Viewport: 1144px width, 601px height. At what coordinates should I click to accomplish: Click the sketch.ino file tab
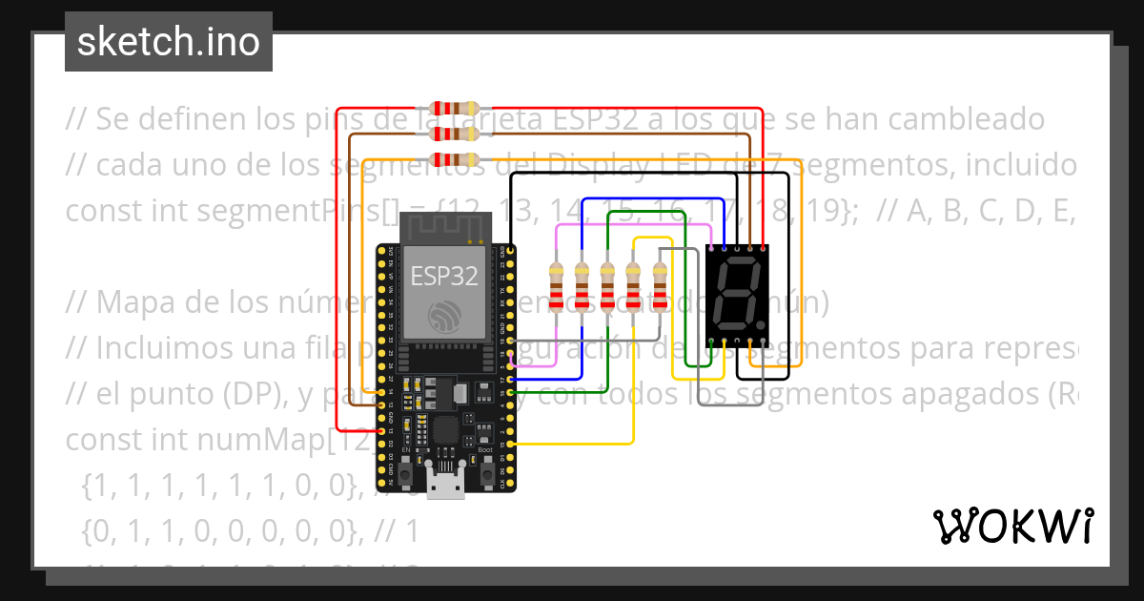pyautogui.click(x=169, y=42)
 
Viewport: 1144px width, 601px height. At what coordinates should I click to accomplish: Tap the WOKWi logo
pyautogui.click(x=1012, y=526)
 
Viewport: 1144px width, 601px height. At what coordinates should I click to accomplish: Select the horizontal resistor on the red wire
pyautogui.click(x=456, y=109)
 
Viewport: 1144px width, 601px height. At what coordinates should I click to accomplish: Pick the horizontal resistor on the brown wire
pyautogui.click(x=456, y=135)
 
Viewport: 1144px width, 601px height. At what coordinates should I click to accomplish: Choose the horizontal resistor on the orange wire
pyautogui.click(x=456, y=159)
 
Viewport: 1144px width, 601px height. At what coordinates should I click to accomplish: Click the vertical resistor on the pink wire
pyautogui.click(x=558, y=283)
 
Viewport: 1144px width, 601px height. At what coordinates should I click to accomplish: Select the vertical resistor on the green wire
pyautogui.click(x=608, y=283)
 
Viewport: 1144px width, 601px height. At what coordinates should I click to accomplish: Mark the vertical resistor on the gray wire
pyautogui.click(x=660, y=283)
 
